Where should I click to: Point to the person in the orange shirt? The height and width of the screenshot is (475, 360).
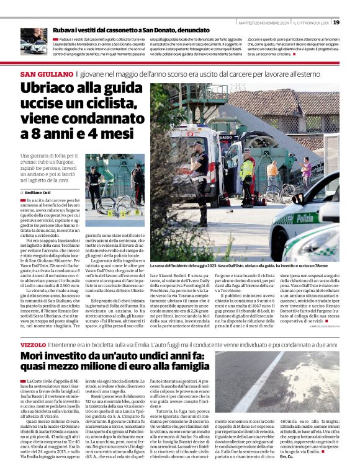[x=272, y=172]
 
